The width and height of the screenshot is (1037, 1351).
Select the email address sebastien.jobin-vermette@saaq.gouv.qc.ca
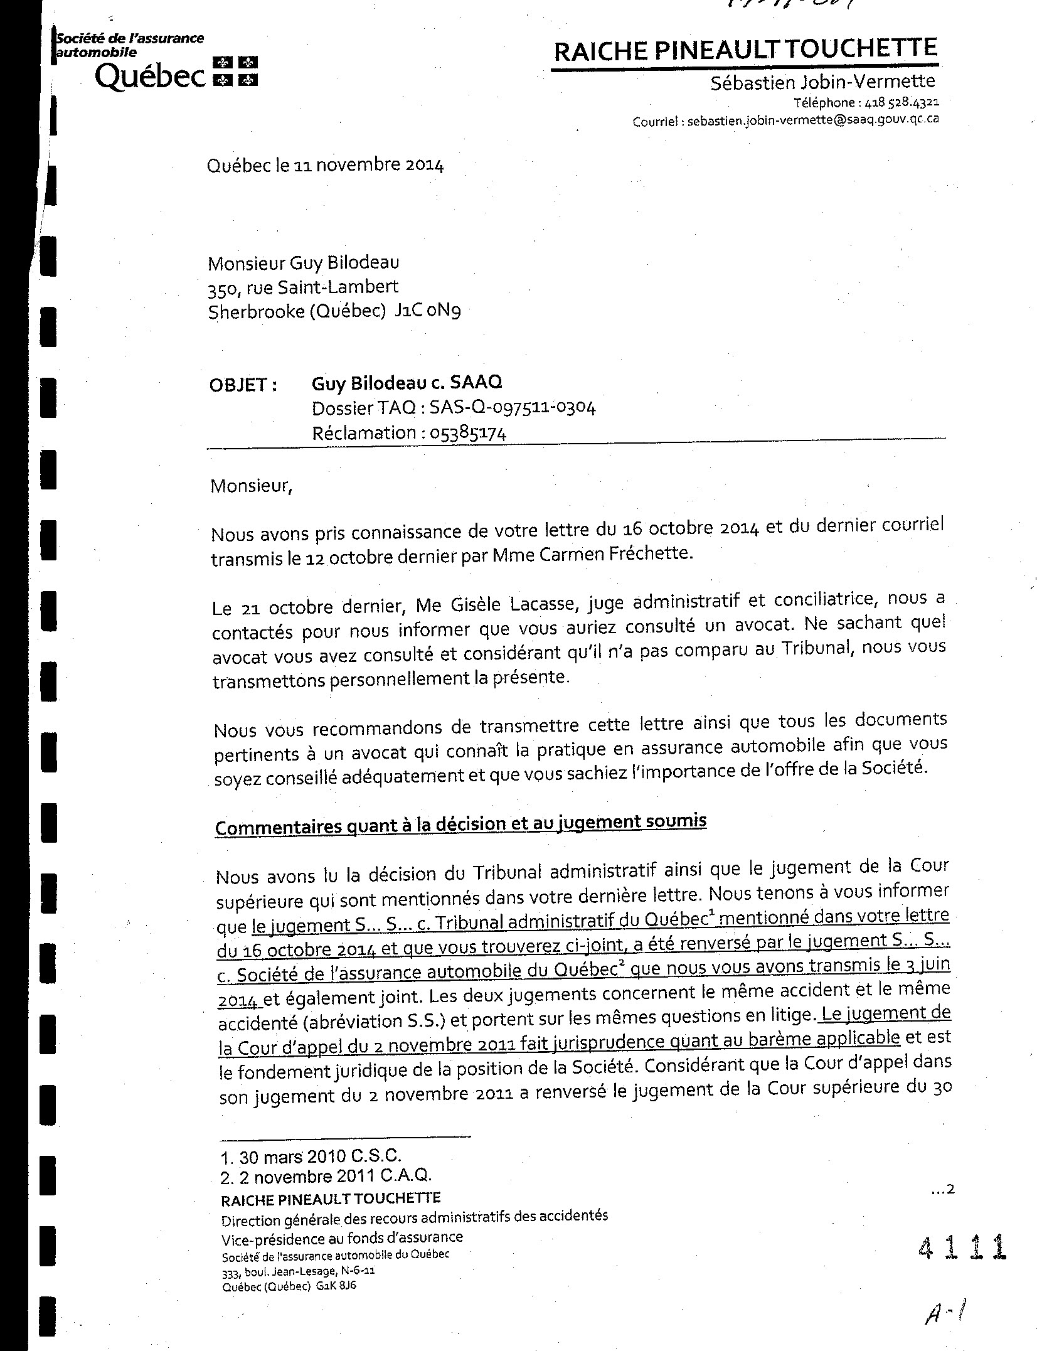pyautogui.click(x=813, y=119)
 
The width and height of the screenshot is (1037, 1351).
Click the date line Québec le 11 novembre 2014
pyautogui.click(x=326, y=165)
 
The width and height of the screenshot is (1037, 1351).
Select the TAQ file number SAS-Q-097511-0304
pyautogui.click(x=513, y=408)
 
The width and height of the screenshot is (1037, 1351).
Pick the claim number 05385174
pyautogui.click(x=468, y=433)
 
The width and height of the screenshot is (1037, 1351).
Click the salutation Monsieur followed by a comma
pyautogui.click(x=252, y=486)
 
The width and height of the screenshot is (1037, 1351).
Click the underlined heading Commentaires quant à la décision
pyautogui.click(x=460, y=824)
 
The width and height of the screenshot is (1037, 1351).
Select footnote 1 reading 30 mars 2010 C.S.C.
pyautogui.click(x=311, y=1155)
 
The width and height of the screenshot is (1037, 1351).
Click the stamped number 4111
pyautogui.click(x=961, y=1246)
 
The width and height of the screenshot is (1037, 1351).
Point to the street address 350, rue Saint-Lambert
pyautogui.click(x=303, y=287)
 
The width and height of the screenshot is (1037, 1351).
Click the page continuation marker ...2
pyautogui.click(x=942, y=1189)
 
